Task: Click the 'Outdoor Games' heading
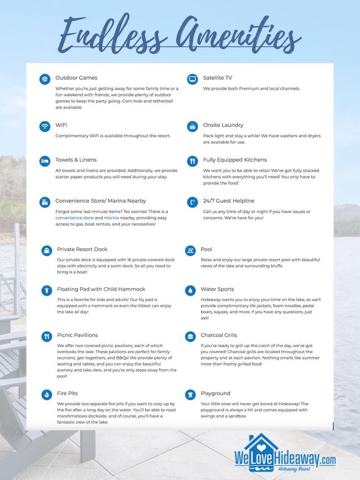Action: pos(76,78)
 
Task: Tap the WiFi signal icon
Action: pos(45,126)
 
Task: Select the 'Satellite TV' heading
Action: pos(218,78)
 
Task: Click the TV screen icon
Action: pos(192,79)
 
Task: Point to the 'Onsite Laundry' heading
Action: pos(223,125)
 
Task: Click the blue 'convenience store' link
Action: pos(75,218)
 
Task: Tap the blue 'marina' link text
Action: pos(111,218)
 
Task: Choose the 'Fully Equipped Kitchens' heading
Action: pos(235,160)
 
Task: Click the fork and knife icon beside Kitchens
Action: pos(192,161)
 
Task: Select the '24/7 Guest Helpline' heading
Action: pos(229,200)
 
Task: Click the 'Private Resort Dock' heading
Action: pos(82,249)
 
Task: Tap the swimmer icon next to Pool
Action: pos(191,250)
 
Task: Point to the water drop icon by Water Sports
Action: pos(191,290)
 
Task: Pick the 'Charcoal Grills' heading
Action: pos(219,335)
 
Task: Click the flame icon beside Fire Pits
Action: pos(47,395)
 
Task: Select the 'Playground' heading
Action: pos(215,393)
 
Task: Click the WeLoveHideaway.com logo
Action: pos(285,454)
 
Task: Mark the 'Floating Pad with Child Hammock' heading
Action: pos(101,289)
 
